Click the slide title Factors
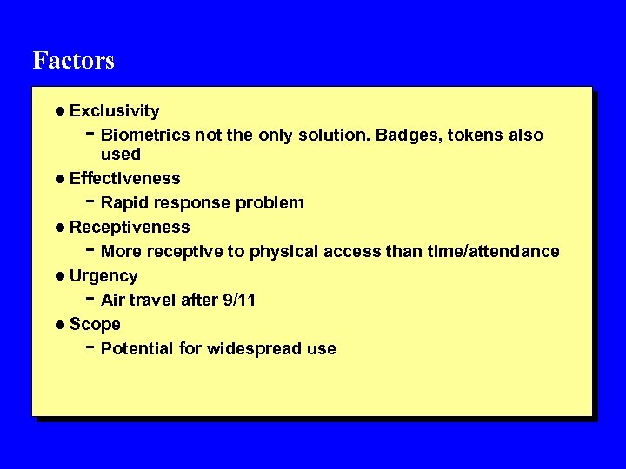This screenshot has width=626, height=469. (73, 61)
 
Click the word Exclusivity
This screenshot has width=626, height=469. (114, 111)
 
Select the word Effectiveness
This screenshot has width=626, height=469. (124, 179)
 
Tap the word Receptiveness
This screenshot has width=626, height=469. (129, 228)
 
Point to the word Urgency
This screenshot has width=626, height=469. (103, 276)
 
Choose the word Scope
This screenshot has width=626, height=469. (95, 325)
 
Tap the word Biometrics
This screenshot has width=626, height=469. (145, 135)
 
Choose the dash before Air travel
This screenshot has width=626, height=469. (91, 299)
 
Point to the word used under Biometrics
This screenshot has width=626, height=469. (120, 155)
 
